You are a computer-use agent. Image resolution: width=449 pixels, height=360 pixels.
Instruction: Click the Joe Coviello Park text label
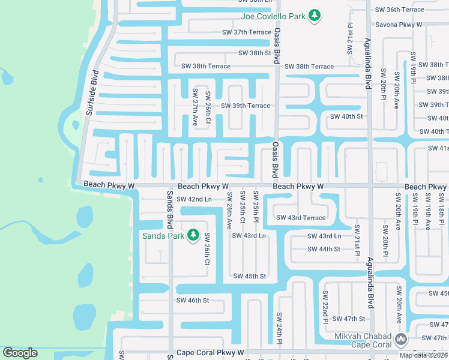273,16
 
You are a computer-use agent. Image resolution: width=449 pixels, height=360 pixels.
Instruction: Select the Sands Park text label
163,235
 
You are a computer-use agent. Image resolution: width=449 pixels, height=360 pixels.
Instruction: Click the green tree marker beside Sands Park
193,235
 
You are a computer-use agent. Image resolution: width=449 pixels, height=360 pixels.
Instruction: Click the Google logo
20,353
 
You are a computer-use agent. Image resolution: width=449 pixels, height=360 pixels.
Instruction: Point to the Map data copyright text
423,355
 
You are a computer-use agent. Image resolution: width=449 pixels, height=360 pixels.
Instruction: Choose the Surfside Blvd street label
92,93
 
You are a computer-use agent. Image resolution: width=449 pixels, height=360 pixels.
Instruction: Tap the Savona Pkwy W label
399,25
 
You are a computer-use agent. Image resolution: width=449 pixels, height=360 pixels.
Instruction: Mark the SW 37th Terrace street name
247,32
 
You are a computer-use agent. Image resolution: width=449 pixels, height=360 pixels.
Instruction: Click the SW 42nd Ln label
194,199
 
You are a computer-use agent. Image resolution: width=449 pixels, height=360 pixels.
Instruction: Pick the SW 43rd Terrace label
301,218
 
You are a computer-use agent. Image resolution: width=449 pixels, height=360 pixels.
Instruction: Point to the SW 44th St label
324,249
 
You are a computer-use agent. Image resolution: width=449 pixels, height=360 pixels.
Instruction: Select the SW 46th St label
192,300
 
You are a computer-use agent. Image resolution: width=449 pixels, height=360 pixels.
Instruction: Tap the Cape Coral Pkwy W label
210,353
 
